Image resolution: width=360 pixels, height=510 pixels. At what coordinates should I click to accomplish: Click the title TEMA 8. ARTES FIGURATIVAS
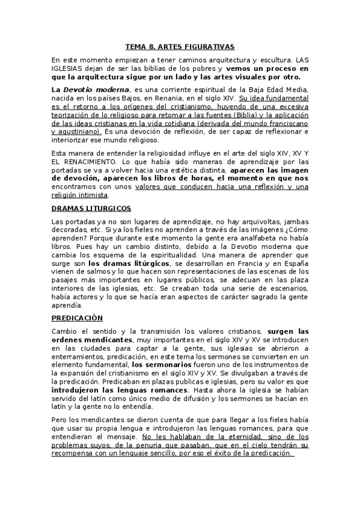pos(180,46)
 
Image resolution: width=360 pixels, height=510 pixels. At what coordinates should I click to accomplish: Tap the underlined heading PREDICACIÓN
pos(77,318)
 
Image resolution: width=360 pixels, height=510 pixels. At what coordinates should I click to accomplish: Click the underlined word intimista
pos(92,195)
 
